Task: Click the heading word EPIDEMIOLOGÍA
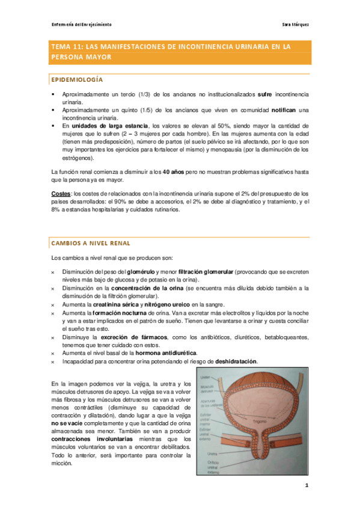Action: coord(77,80)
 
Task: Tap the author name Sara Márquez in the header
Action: coord(296,25)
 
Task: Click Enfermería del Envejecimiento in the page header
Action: coord(82,25)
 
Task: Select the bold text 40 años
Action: coord(173,172)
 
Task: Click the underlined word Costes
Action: coord(60,194)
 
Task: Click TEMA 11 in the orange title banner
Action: coord(69,46)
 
